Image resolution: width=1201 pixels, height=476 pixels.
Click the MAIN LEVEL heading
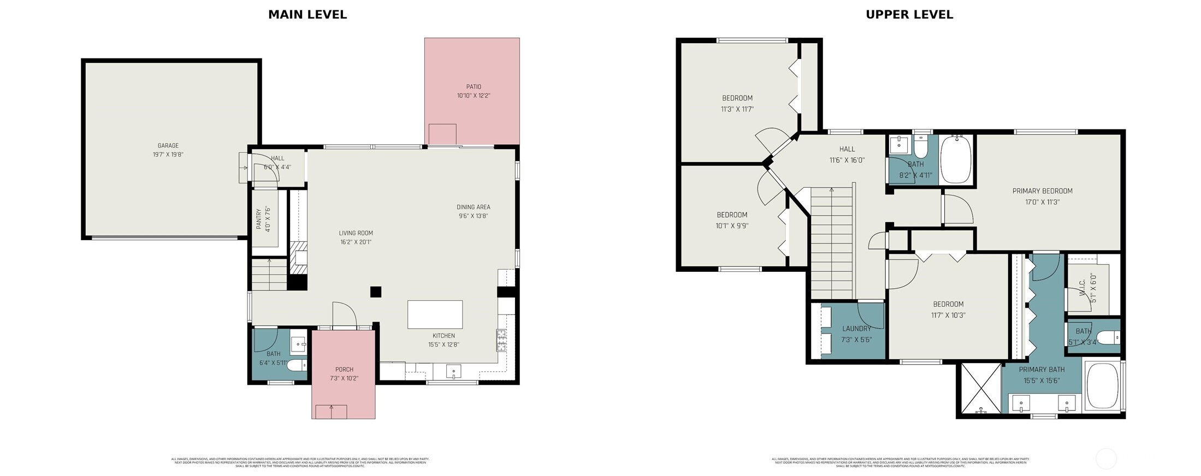click(307, 15)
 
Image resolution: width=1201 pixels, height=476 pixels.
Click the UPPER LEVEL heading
click(909, 15)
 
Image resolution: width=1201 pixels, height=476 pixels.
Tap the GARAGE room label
click(168, 146)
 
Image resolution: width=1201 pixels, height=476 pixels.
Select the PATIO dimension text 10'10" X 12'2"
click(474, 96)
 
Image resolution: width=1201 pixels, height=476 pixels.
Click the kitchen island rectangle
click(435, 314)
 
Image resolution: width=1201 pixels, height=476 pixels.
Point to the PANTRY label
click(259, 219)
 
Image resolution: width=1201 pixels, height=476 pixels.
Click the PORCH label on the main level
click(344, 370)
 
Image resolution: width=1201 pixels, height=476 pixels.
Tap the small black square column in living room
click(375, 291)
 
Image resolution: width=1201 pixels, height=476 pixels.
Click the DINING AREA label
click(473, 207)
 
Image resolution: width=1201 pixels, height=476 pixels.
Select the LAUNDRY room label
click(856, 329)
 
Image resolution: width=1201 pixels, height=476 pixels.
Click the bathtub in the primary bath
click(1102, 385)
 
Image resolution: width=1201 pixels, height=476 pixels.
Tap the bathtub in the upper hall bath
click(956, 159)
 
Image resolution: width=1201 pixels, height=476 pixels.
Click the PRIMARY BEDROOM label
click(1042, 191)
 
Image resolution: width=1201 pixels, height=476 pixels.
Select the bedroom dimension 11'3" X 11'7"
click(737, 109)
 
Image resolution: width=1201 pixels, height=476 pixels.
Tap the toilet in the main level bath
click(297, 365)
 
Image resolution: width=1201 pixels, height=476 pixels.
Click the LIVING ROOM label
click(356, 233)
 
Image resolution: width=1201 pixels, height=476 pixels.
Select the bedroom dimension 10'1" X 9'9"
click(732, 225)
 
